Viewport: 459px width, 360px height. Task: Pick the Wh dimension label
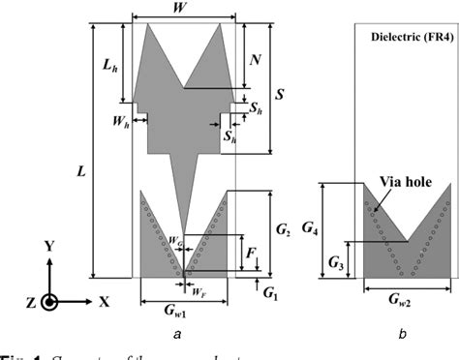[x=119, y=123]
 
